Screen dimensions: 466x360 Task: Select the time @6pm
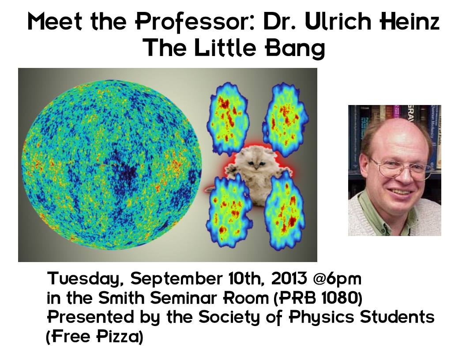337,279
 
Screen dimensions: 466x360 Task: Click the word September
176,279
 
